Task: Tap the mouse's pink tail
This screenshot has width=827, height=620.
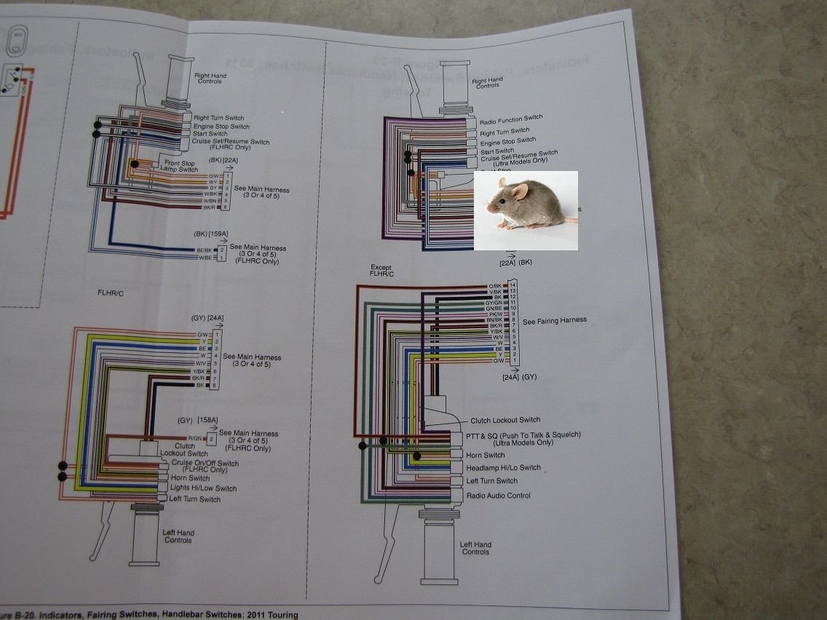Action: [571, 219]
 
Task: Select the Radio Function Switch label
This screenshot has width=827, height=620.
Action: [511, 119]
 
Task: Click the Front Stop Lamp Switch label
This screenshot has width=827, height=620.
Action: [179, 167]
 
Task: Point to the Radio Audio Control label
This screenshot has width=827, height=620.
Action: [499, 496]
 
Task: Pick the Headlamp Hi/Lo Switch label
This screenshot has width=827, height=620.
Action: [503, 467]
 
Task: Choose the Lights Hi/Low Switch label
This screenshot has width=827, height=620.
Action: [203, 488]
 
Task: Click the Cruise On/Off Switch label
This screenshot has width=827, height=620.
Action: [205, 464]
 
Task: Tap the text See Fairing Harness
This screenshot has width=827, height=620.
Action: [554, 321]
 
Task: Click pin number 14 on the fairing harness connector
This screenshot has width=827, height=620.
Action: [513, 285]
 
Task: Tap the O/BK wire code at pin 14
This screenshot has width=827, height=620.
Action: [496, 285]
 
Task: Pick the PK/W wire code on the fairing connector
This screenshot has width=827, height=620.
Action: [496, 314]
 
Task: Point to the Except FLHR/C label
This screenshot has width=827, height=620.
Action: [381, 270]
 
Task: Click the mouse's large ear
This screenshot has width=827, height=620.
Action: [520, 191]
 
